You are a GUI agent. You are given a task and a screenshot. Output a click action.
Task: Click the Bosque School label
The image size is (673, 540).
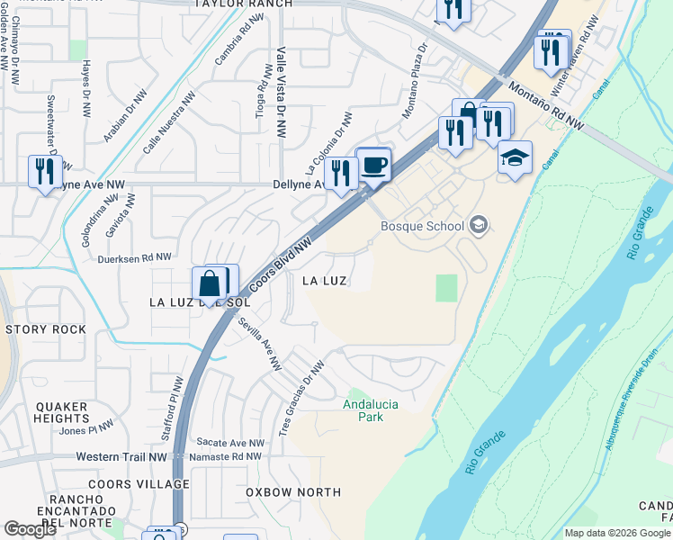(x=422, y=226)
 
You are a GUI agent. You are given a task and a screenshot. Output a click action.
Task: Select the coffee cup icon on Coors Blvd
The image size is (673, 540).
(x=373, y=166)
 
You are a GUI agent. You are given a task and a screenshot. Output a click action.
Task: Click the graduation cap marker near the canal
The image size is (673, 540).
(x=515, y=158)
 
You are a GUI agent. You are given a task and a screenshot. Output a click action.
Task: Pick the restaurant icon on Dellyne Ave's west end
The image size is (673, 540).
(x=41, y=169)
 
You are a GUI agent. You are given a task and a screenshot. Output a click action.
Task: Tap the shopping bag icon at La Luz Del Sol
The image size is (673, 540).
(x=209, y=284)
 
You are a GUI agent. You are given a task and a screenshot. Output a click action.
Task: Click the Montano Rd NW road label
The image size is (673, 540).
(x=546, y=106)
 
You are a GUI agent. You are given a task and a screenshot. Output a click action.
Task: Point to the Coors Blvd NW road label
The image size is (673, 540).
(x=281, y=265)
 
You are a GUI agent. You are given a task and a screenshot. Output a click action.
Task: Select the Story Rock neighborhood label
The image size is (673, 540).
(x=46, y=329)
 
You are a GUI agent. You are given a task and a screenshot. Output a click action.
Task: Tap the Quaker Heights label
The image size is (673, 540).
(x=61, y=412)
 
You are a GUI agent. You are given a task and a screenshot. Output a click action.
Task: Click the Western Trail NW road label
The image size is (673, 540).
(x=121, y=457)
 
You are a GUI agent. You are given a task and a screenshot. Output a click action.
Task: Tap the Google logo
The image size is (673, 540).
(x=30, y=529)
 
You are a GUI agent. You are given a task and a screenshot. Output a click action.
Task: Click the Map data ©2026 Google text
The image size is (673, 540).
(x=616, y=533)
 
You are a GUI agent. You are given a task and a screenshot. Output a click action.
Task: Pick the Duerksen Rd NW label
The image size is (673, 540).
(x=135, y=257)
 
